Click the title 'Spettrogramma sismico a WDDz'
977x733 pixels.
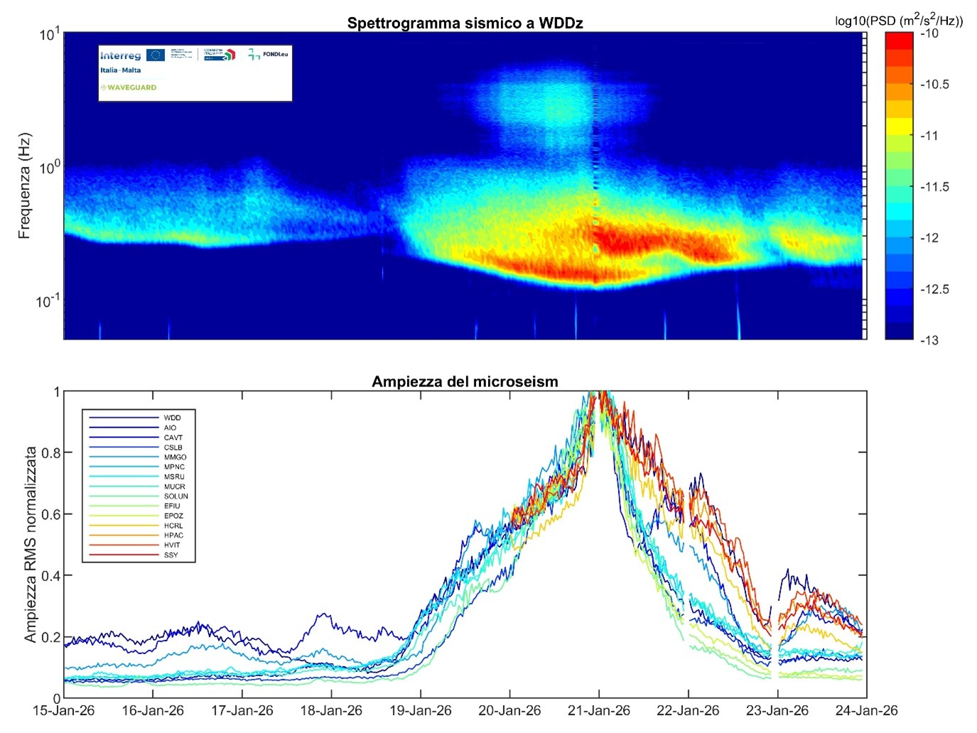tap(465, 23)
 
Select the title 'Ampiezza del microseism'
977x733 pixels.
tap(465, 381)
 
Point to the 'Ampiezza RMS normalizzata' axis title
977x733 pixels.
tap(31, 545)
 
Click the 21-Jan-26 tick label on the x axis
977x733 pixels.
tap(598, 710)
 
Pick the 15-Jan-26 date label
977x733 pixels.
tap(64, 710)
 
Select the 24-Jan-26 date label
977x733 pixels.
tap(867, 710)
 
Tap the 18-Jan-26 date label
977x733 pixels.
tap(331, 710)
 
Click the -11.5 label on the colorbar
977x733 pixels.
tap(934, 187)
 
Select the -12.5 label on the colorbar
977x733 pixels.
tap(934, 289)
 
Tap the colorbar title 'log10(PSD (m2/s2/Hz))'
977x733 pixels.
tap(899, 21)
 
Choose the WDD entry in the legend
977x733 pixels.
tap(172, 418)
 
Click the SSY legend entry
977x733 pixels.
tap(171, 555)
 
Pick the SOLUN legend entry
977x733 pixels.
tap(176, 496)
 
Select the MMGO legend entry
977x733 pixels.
tap(175, 457)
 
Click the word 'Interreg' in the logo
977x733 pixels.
tap(120, 55)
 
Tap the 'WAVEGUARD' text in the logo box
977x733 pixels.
tap(131, 87)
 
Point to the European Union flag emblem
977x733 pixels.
tap(156, 55)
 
